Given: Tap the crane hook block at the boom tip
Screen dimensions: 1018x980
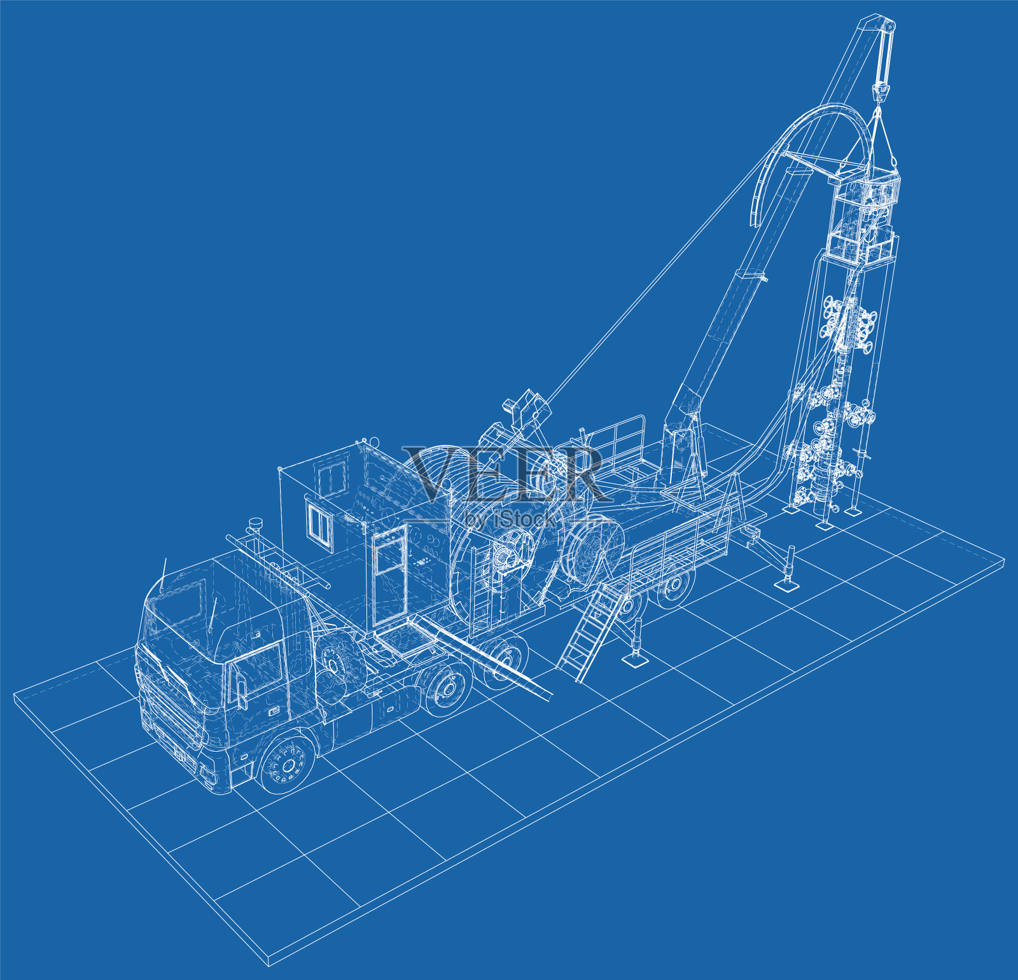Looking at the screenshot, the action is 881,89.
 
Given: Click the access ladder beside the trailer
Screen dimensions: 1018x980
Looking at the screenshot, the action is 589,630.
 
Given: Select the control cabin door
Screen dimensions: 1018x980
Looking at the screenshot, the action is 389,573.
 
